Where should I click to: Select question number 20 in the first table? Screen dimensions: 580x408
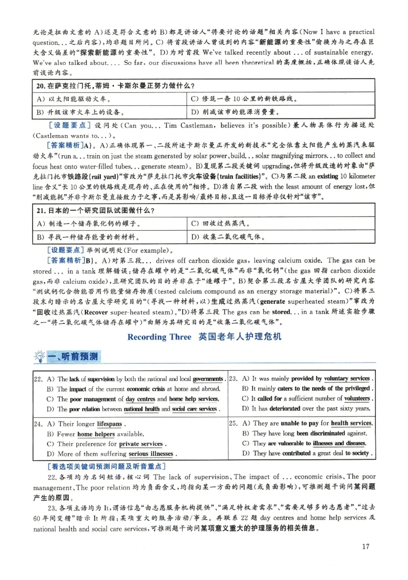tap(41, 85)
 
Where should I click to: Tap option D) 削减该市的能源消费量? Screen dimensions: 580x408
tap(240, 112)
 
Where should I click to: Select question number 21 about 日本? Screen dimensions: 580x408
tap(41, 210)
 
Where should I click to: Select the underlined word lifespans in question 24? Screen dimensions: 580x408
tap(110, 424)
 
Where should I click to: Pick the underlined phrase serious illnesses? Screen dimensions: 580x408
tap(150, 453)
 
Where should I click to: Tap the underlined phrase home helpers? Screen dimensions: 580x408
tap(96, 434)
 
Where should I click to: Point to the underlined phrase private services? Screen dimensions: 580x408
tap(140, 444)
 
